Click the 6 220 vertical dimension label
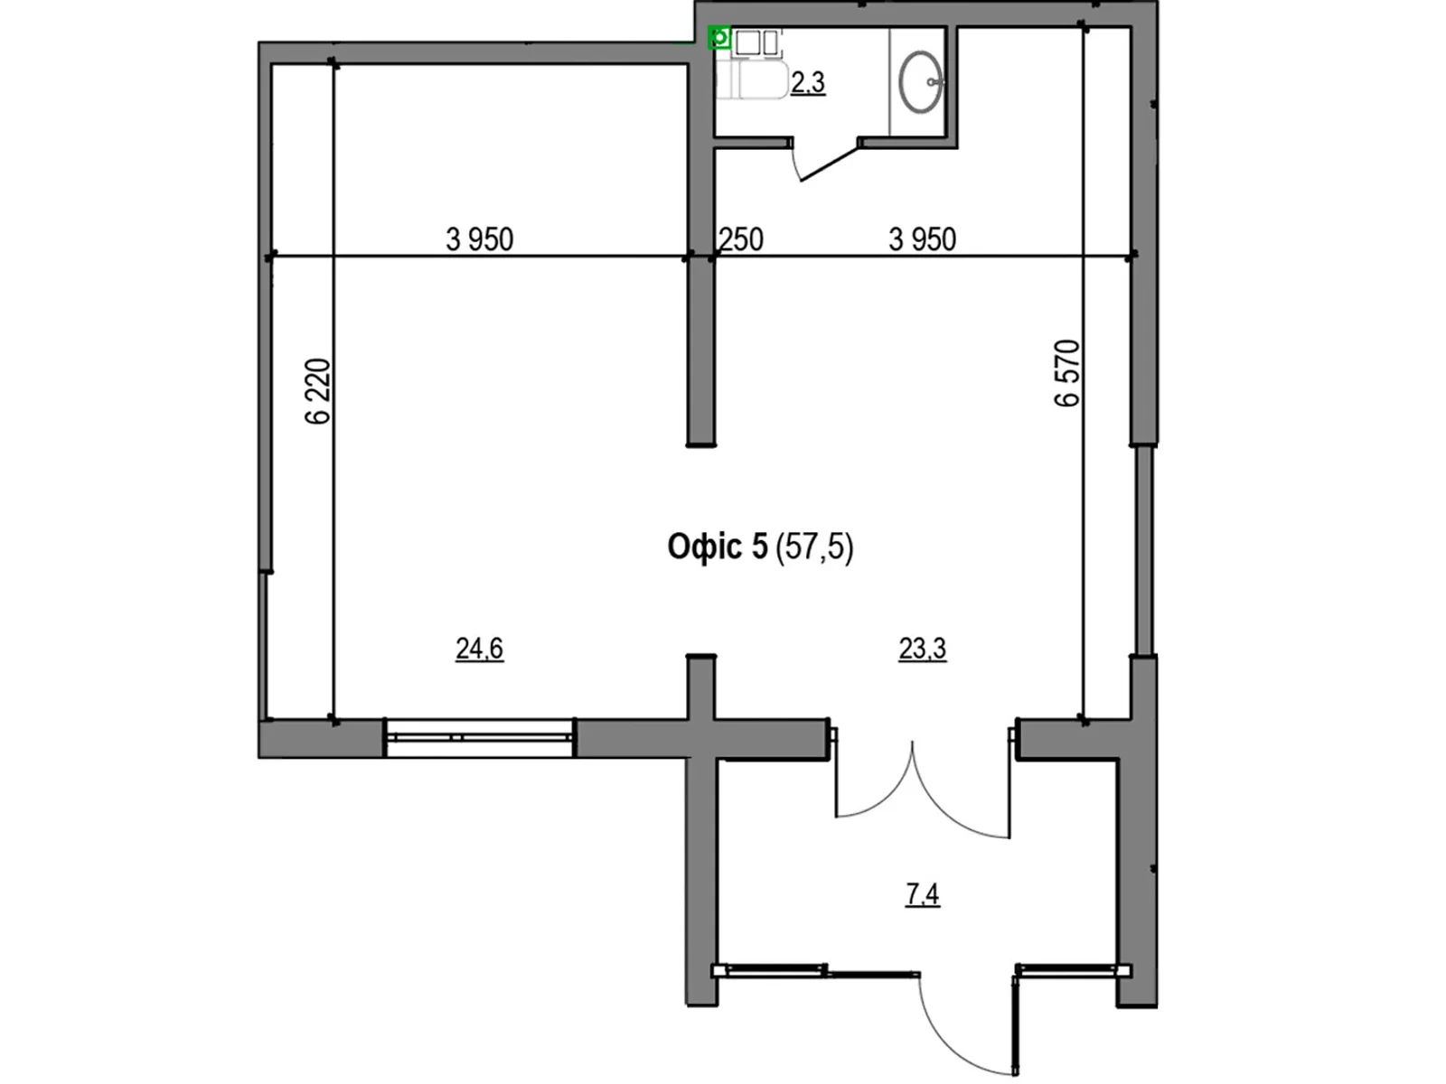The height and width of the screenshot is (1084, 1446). [x=318, y=391]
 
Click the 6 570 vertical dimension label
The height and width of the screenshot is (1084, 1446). [x=1067, y=373]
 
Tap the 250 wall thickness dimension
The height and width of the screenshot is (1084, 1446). [x=741, y=239]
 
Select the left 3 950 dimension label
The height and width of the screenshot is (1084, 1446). [x=479, y=239]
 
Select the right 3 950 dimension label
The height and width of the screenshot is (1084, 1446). [x=922, y=239]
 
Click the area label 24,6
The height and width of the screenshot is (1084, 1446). [x=479, y=649]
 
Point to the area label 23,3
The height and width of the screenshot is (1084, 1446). [x=922, y=649]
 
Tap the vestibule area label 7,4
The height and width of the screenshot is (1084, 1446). [x=922, y=894]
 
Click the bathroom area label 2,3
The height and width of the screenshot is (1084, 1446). [x=807, y=83]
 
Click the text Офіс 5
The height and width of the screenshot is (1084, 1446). [x=717, y=547]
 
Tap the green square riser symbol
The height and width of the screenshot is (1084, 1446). [x=719, y=38]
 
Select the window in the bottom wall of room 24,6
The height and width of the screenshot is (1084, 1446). [x=480, y=737]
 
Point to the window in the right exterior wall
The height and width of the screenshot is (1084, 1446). [x=1144, y=549]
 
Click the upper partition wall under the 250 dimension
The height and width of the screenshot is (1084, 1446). [x=700, y=352]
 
